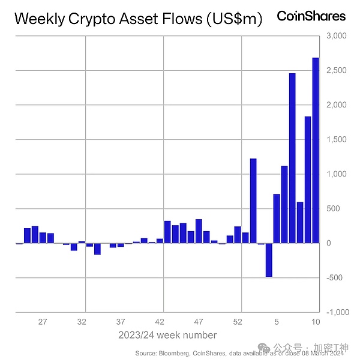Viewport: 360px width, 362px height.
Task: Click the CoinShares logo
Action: [x=311, y=16]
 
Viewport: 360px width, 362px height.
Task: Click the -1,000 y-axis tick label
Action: [x=337, y=313]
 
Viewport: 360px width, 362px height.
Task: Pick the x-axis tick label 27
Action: [x=43, y=322]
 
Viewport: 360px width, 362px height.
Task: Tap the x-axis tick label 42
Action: [x=160, y=322]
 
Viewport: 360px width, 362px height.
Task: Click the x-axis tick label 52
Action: [x=238, y=322]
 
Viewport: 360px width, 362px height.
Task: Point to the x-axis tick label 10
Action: [x=315, y=322]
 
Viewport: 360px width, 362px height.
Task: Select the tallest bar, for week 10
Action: [x=316, y=150]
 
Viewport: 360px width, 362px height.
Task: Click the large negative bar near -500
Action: [x=269, y=260]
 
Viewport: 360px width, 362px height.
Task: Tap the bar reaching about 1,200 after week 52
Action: [x=253, y=201]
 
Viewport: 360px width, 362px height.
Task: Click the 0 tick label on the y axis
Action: [x=329, y=243]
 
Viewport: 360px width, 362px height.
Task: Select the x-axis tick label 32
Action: [x=82, y=322]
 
